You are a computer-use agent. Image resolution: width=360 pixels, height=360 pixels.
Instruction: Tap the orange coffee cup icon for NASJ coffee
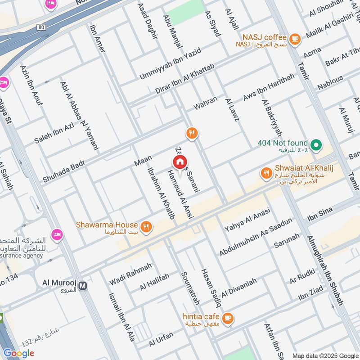295,39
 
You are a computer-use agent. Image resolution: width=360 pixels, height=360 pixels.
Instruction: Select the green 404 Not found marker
316,144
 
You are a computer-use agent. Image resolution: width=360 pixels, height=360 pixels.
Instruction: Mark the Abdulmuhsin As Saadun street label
256,237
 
